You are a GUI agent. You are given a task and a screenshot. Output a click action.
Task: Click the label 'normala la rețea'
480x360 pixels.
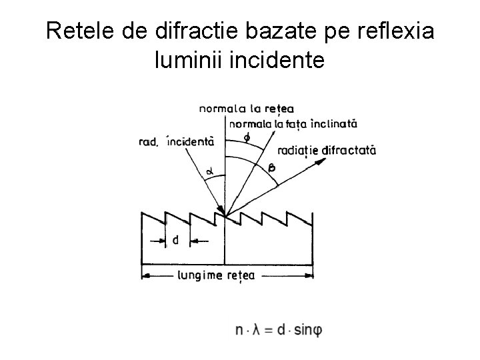[x=247, y=109]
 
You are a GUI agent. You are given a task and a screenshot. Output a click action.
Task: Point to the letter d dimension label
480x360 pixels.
[x=175, y=240]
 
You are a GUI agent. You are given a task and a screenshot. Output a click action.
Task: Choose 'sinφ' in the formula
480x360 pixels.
[x=308, y=329]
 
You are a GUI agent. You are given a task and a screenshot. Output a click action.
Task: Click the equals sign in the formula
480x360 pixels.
[x=272, y=329]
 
